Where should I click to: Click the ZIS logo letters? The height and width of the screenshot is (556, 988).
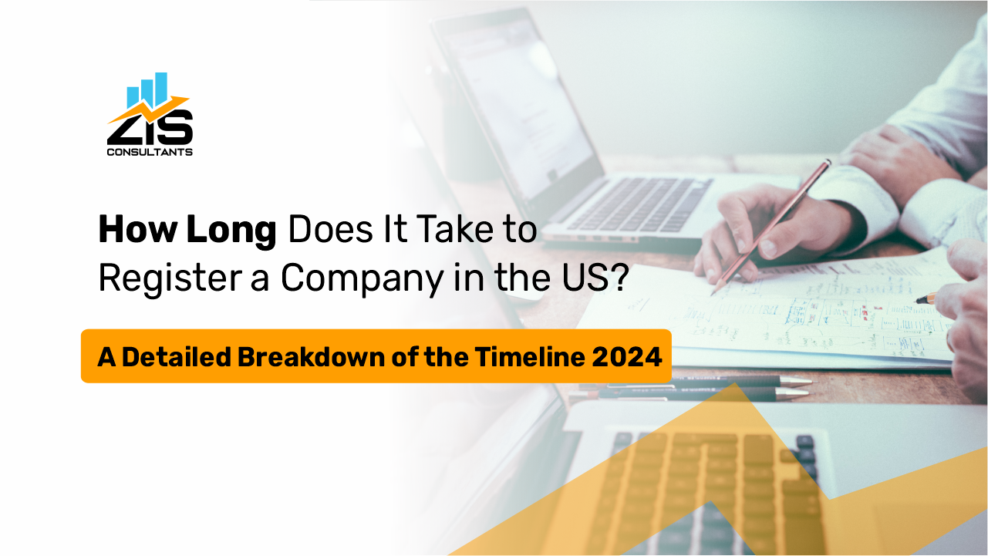click(x=150, y=129)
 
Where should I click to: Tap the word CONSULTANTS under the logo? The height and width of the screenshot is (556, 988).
click(x=150, y=152)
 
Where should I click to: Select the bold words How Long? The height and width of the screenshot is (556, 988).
click(x=187, y=230)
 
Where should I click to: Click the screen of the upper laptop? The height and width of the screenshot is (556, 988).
click(x=517, y=100)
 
